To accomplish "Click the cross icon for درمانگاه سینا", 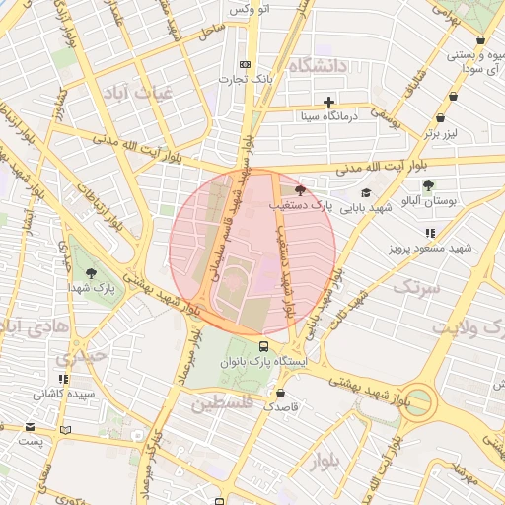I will (x=328, y=102).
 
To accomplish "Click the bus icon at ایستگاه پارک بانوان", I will (x=263, y=346).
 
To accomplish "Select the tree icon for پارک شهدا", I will (x=92, y=273).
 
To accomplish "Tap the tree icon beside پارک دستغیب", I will (x=300, y=191).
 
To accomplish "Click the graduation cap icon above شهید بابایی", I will (x=366, y=193).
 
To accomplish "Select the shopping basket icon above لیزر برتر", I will (x=453, y=97).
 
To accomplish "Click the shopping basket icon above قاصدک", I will (x=281, y=393).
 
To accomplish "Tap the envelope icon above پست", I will (x=32, y=428).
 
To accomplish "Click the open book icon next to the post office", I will (x=65, y=429).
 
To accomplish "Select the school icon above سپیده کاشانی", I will (x=64, y=379).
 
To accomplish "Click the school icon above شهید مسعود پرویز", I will (x=429, y=233).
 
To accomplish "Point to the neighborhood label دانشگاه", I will (x=320, y=66).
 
